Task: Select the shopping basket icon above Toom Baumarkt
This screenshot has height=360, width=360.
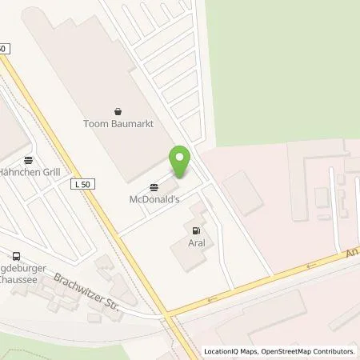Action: click(x=118, y=110)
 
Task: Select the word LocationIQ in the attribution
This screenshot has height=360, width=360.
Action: click(x=222, y=351)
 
